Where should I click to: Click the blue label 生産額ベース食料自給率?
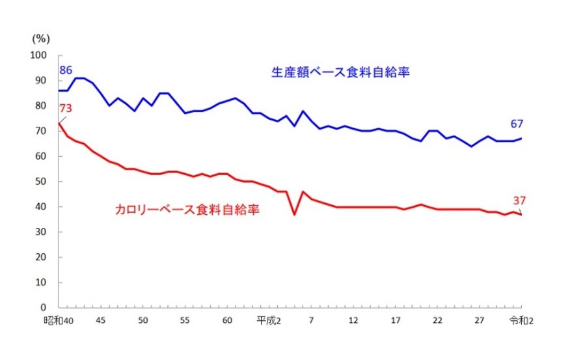coord(343,72)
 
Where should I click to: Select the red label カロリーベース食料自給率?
coord(185,211)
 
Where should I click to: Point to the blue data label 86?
coord(66,70)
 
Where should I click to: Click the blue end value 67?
coord(517,124)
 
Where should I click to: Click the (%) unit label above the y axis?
coord(40,38)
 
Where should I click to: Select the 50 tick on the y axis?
coord(44,182)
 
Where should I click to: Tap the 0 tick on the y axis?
coord(46,307)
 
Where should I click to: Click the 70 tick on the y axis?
coord(44,132)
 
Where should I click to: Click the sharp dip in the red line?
coord(295,214)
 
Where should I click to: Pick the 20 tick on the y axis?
coord(44,257)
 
